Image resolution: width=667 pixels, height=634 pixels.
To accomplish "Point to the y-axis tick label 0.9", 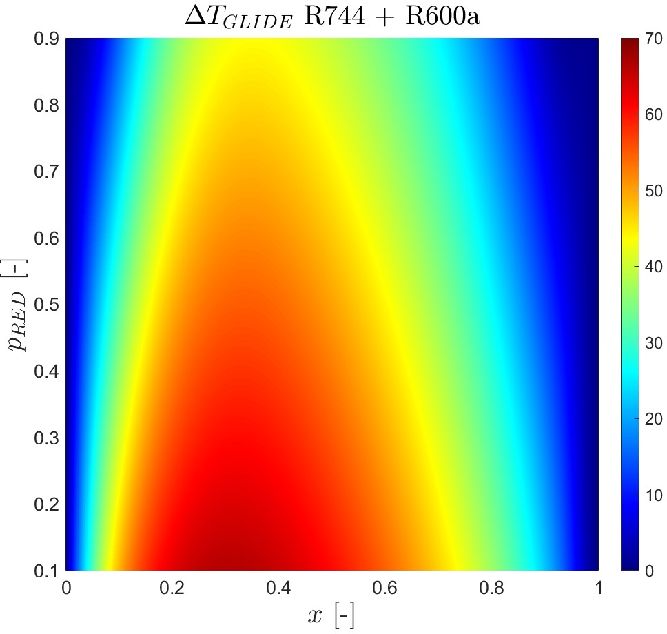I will pyautogui.click(x=45, y=39).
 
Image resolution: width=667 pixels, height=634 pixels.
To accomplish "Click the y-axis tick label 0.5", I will pyautogui.click(x=45, y=305).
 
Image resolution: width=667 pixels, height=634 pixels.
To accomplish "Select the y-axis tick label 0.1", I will pyautogui.click(x=45, y=571).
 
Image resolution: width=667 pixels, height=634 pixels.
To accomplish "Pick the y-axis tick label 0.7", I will pyautogui.click(x=45, y=172).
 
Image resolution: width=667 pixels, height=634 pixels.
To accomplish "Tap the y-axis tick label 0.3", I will pyautogui.click(x=45, y=438).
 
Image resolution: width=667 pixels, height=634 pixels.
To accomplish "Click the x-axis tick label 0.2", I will pyautogui.click(x=172, y=588).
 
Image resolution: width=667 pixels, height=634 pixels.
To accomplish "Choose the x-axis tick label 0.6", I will pyautogui.click(x=385, y=588).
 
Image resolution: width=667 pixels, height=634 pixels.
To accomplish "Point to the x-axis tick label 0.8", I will pyautogui.click(x=491, y=588).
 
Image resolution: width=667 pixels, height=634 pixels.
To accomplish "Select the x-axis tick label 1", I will pyautogui.click(x=598, y=588).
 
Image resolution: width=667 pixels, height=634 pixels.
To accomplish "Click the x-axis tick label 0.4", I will pyautogui.click(x=278, y=588).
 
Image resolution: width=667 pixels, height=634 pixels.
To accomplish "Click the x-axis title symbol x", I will pyautogui.click(x=314, y=615).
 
